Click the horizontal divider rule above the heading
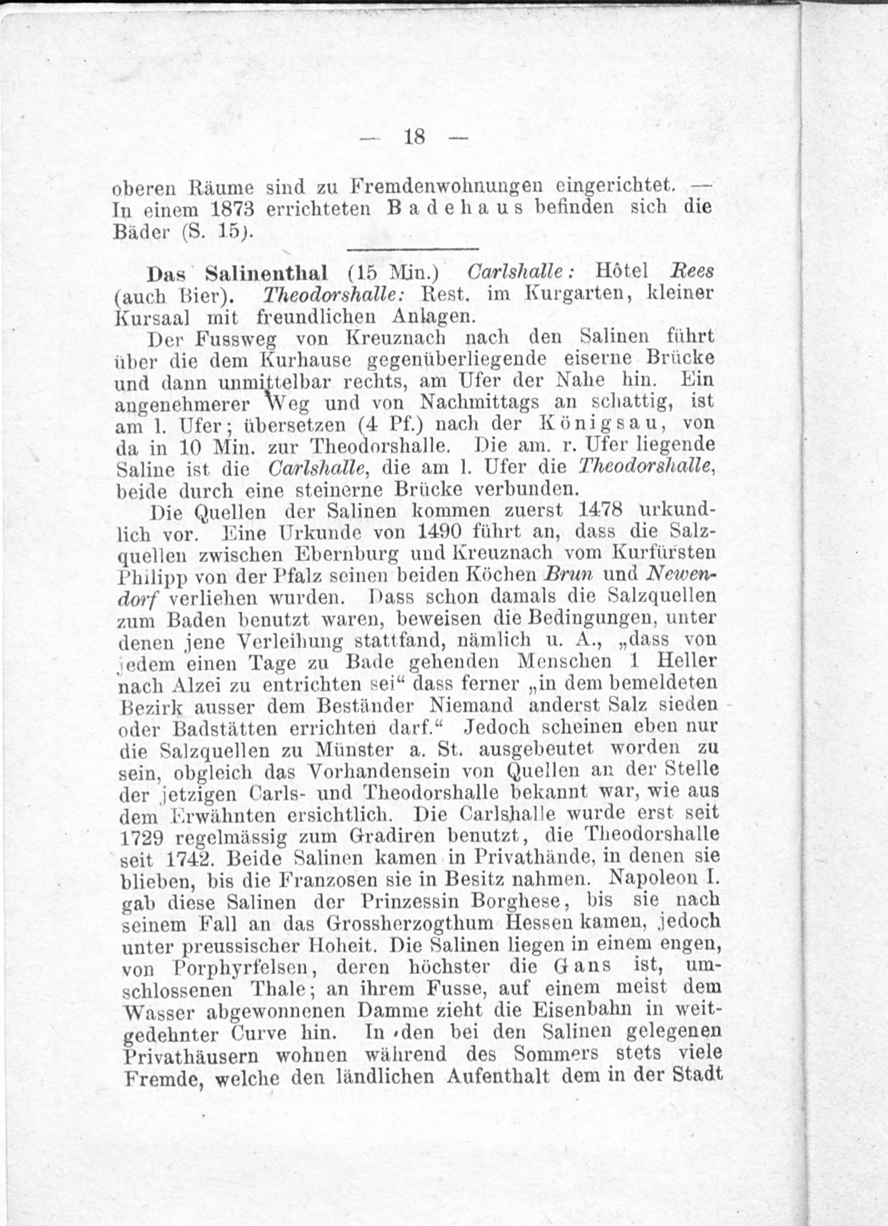(x=412, y=249)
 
